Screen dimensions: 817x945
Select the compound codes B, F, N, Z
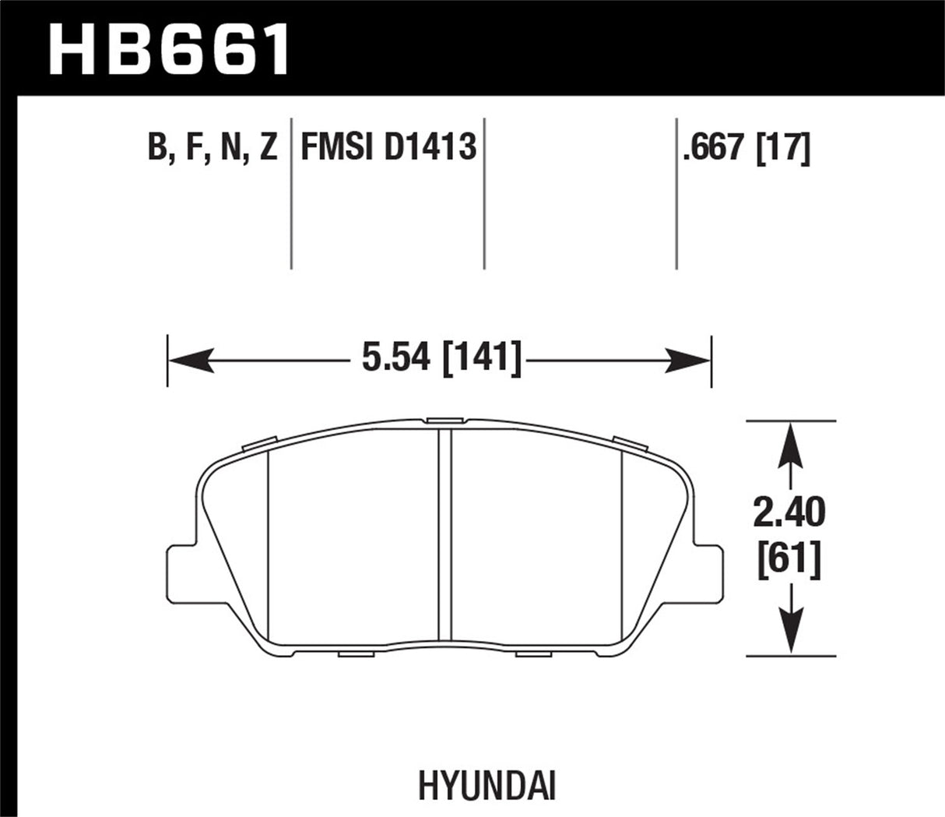click(x=213, y=147)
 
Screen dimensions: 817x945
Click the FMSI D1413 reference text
click(x=388, y=147)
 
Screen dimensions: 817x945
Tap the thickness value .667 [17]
click(x=747, y=147)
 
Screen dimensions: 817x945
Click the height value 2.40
click(x=790, y=513)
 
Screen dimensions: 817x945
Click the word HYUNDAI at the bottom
click(x=487, y=786)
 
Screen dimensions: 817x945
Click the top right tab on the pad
click(x=630, y=443)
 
